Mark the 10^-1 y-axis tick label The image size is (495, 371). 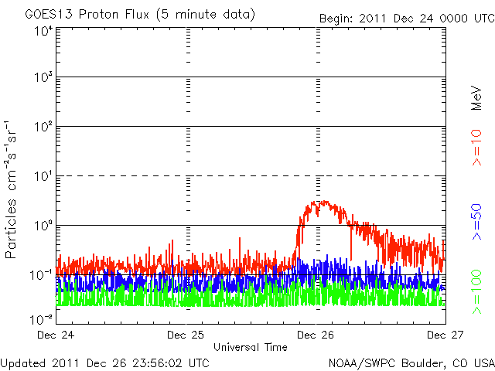click(40, 274)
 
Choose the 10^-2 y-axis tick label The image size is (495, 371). click(40, 318)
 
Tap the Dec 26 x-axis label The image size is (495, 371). click(316, 335)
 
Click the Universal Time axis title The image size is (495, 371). click(250, 347)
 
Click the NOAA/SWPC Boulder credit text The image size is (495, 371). click(411, 362)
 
